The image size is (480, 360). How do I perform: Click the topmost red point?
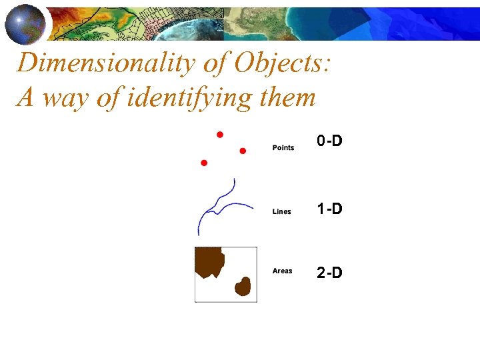[x=220, y=134]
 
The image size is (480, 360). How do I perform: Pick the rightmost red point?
[x=243, y=151]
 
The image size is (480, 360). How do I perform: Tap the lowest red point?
[x=204, y=163]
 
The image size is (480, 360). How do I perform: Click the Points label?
[x=283, y=147]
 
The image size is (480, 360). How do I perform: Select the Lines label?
[x=282, y=211]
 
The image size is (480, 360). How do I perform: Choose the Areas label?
[x=283, y=271]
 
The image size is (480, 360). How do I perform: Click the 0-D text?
[x=329, y=141]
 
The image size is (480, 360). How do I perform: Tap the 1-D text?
[x=329, y=209]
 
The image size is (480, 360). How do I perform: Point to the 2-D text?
[x=329, y=273]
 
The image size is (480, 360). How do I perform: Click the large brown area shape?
[x=208, y=261]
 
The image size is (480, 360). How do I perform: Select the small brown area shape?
[x=243, y=287]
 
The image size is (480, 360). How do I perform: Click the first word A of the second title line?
[x=25, y=98]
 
